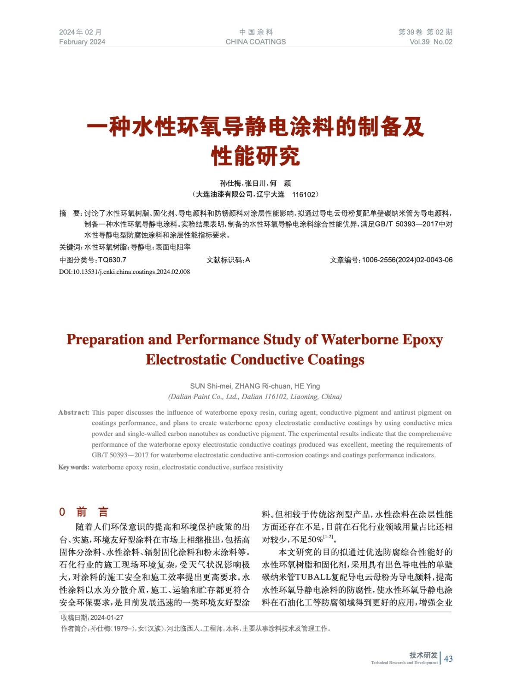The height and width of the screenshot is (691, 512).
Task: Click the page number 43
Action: tap(448, 659)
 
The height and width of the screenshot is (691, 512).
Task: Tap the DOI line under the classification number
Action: tap(124, 272)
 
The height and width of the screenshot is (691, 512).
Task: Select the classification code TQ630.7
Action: tap(112, 260)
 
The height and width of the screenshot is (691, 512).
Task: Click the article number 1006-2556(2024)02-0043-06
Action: tap(407, 260)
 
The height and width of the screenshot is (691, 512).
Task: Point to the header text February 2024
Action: tap(82, 42)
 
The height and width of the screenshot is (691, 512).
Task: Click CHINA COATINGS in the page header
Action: tap(255, 42)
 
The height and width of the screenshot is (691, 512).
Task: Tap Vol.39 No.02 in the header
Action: tap(430, 42)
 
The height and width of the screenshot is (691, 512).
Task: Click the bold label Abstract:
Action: tap(74, 412)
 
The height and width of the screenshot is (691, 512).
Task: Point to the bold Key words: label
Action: tap(74, 467)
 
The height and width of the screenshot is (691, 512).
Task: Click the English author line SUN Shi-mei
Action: tap(211, 386)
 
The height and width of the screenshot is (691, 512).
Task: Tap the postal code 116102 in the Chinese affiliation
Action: tap(304, 194)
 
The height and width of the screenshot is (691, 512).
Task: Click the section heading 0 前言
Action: tap(84, 512)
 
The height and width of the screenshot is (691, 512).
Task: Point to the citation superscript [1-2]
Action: tap(328, 537)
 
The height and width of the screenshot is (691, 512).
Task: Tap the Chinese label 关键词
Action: tap(69, 247)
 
